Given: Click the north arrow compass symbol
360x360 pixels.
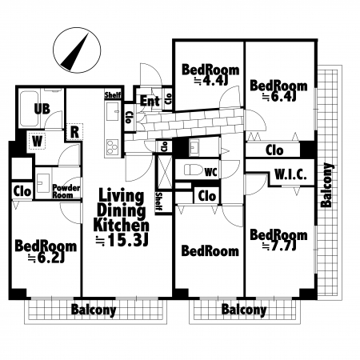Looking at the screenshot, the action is [77, 50].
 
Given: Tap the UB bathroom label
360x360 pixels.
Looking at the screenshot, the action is [42, 109].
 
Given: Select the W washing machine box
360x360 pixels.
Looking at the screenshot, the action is [37, 141].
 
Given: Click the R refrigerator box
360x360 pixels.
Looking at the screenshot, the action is [74, 132].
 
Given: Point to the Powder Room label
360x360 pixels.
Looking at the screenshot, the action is [66, 191].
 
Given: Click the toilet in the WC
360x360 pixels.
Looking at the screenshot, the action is [194, 170].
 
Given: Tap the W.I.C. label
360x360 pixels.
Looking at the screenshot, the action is [290, 175].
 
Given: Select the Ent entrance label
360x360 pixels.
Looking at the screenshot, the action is [150, 101].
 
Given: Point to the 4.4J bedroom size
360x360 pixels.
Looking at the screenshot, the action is [213, 81].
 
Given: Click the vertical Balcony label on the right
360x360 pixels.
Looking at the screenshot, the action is [326, 185].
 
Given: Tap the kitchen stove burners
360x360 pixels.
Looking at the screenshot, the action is [113, 147].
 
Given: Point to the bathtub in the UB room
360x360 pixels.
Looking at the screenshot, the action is [29, 110].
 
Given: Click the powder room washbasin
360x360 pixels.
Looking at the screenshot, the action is [42, 182].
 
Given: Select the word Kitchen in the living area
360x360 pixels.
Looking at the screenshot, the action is [122, 226].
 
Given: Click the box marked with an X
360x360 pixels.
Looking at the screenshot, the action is [165, 172].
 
